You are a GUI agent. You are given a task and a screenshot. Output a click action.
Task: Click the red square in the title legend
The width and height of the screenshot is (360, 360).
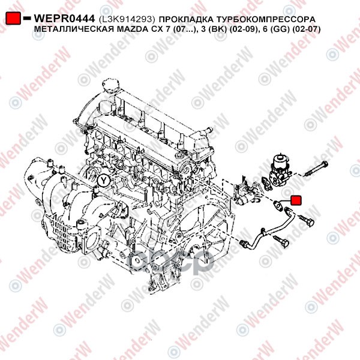(x=13, y=18)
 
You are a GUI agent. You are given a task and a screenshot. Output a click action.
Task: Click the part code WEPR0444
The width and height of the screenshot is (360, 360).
(x=64, y=19)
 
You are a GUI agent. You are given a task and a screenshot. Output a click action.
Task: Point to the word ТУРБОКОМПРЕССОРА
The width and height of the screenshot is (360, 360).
(x=265, y=19)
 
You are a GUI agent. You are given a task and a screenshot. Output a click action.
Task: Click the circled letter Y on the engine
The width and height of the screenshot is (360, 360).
(x=104, y=181)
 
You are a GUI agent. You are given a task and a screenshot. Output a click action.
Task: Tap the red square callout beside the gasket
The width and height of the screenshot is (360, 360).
(x=296, y=200)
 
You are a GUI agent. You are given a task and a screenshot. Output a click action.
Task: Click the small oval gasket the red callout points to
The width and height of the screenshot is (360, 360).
(x=278, y=205)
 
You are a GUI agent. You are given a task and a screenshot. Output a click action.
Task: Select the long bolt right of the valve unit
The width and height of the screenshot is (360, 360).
(x=316, y=169)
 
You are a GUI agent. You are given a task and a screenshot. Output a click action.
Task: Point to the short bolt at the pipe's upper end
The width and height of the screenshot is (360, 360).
(x=306, y=220)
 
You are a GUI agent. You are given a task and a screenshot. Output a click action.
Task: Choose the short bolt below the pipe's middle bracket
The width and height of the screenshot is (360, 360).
(x=281, y=241)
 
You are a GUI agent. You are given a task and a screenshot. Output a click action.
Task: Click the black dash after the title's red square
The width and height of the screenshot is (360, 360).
(x=27, y=18)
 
